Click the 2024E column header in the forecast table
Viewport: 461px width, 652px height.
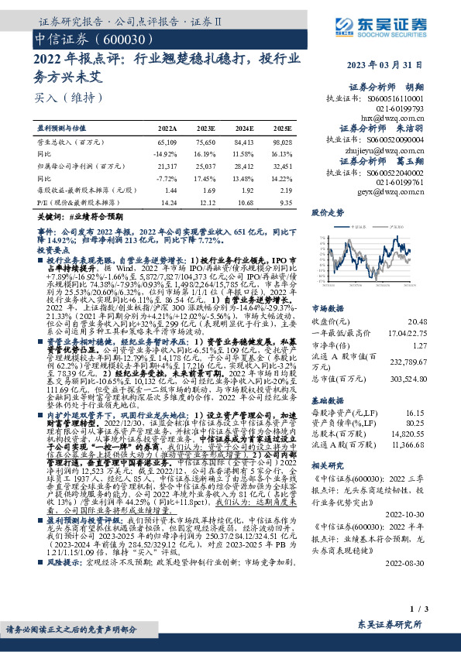point(244,126)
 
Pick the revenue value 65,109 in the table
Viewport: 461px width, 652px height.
point(167,142)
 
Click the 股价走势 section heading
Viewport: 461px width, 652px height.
point(327,211)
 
